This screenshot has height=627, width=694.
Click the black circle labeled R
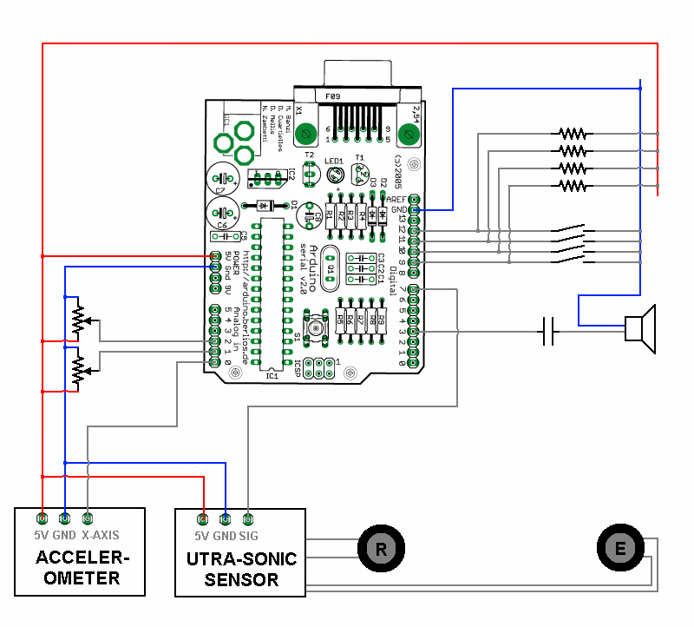379,548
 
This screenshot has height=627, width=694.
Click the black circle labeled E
619,548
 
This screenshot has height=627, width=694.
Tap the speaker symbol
641,329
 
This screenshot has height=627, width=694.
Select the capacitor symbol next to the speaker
548,331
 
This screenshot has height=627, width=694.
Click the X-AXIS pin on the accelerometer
87,518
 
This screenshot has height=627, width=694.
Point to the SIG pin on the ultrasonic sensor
248,518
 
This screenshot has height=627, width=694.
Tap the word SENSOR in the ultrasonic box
241,579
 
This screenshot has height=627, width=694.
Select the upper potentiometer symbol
78,320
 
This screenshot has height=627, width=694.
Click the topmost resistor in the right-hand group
572,134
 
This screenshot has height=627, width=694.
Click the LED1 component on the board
337,175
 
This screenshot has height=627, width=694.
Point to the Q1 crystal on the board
330,268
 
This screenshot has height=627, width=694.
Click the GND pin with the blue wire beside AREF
414,209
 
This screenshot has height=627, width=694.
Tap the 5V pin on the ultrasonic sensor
203,518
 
